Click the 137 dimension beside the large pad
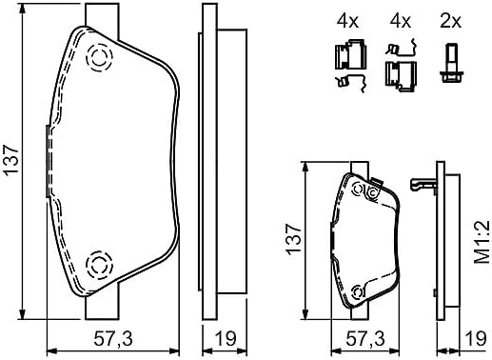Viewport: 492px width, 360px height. [x=11, y=159]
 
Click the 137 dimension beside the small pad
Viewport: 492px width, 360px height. [x=293, y=240]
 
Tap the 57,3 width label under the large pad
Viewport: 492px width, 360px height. [x=113, y=338]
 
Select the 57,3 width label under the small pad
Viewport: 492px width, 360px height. [x=364, y=338]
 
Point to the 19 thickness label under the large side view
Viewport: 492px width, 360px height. [x=226, y=338]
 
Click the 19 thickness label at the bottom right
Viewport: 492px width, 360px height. [x=476, y=338]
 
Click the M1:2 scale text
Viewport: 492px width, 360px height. [x=482, y=242]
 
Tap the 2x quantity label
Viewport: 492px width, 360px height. [x=450, y=21]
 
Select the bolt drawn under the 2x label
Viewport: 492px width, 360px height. [x=452, y=64]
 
